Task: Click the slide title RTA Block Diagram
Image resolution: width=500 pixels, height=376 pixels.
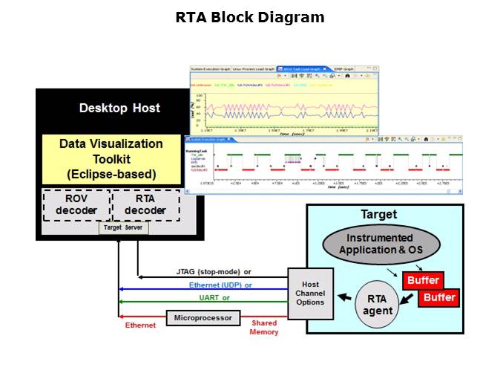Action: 250,17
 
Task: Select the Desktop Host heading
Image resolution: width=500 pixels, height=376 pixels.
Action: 119,108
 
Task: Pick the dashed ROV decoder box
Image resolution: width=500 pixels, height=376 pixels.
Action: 76,204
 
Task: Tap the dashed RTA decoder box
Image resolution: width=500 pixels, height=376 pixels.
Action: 145,204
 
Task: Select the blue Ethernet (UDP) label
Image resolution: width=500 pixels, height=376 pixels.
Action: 220,285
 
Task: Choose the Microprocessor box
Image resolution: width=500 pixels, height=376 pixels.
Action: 203,318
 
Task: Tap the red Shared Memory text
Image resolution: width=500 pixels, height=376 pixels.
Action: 264,328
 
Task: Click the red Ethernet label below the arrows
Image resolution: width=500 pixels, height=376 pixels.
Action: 140,325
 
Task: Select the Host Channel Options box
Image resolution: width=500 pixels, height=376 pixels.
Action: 310,294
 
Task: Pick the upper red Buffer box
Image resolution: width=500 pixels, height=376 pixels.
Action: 423,281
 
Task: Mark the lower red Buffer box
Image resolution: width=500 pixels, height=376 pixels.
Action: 438,298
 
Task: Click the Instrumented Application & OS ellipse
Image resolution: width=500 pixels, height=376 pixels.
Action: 381,244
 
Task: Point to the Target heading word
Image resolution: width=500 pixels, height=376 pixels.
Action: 378,215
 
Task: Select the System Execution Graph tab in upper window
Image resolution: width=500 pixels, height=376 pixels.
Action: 211,68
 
